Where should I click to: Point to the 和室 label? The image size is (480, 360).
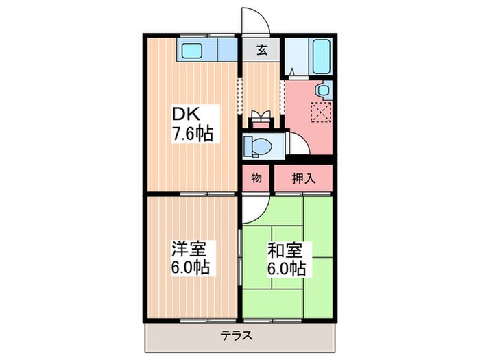[281, 248]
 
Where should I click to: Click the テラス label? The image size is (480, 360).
[237, 336]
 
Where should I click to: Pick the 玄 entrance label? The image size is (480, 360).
[262, 50]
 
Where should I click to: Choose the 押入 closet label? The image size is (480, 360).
[304, 178]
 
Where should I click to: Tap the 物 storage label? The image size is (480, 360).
[256, 178]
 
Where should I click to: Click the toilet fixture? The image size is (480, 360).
[258, 145]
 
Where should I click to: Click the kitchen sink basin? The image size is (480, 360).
[192, 49]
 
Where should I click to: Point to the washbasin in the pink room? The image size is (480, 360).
[322, 91]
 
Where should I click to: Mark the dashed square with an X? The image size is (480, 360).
[320, 112]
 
